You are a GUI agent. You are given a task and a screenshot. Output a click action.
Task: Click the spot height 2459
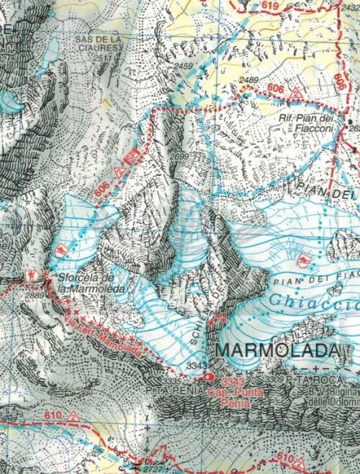click(x=184, y=67)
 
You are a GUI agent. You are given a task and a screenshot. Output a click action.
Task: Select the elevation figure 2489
click(x=249, y=80)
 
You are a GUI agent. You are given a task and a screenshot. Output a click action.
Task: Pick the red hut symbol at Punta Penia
click(x=209, y=377)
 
